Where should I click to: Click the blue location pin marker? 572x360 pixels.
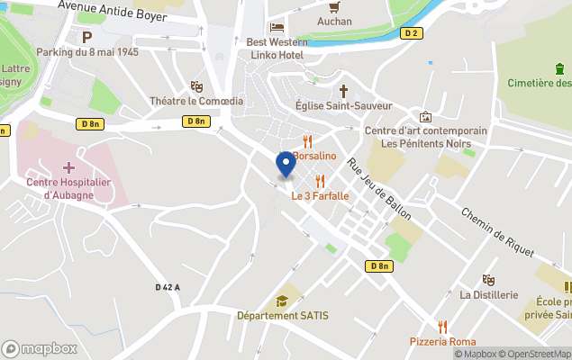[286, 165]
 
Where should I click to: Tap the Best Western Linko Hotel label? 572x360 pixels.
[275, 49]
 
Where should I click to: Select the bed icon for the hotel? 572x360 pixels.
[277, 27]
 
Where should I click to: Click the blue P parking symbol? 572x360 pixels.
[87, 37]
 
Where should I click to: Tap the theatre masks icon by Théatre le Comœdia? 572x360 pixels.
[196, 86]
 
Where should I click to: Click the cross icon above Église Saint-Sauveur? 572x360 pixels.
[343, 91]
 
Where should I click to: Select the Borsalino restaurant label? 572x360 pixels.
[313, 156]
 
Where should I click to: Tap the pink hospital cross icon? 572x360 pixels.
[68, 167]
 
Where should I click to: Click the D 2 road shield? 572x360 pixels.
[410, 33]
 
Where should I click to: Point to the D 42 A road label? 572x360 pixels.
[168, 287]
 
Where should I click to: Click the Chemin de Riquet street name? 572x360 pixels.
[491, 232]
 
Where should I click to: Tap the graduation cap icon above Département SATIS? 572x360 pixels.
[282, 301]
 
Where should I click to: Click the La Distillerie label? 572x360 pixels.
[489, 294]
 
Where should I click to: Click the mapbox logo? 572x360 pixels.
[41, 348]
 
